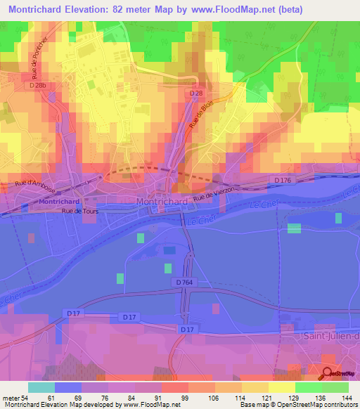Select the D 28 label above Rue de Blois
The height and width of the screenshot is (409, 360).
196,93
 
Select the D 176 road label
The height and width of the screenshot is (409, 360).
283,181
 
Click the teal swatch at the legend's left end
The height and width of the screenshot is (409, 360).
41,387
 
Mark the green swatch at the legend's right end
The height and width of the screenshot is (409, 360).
335,387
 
